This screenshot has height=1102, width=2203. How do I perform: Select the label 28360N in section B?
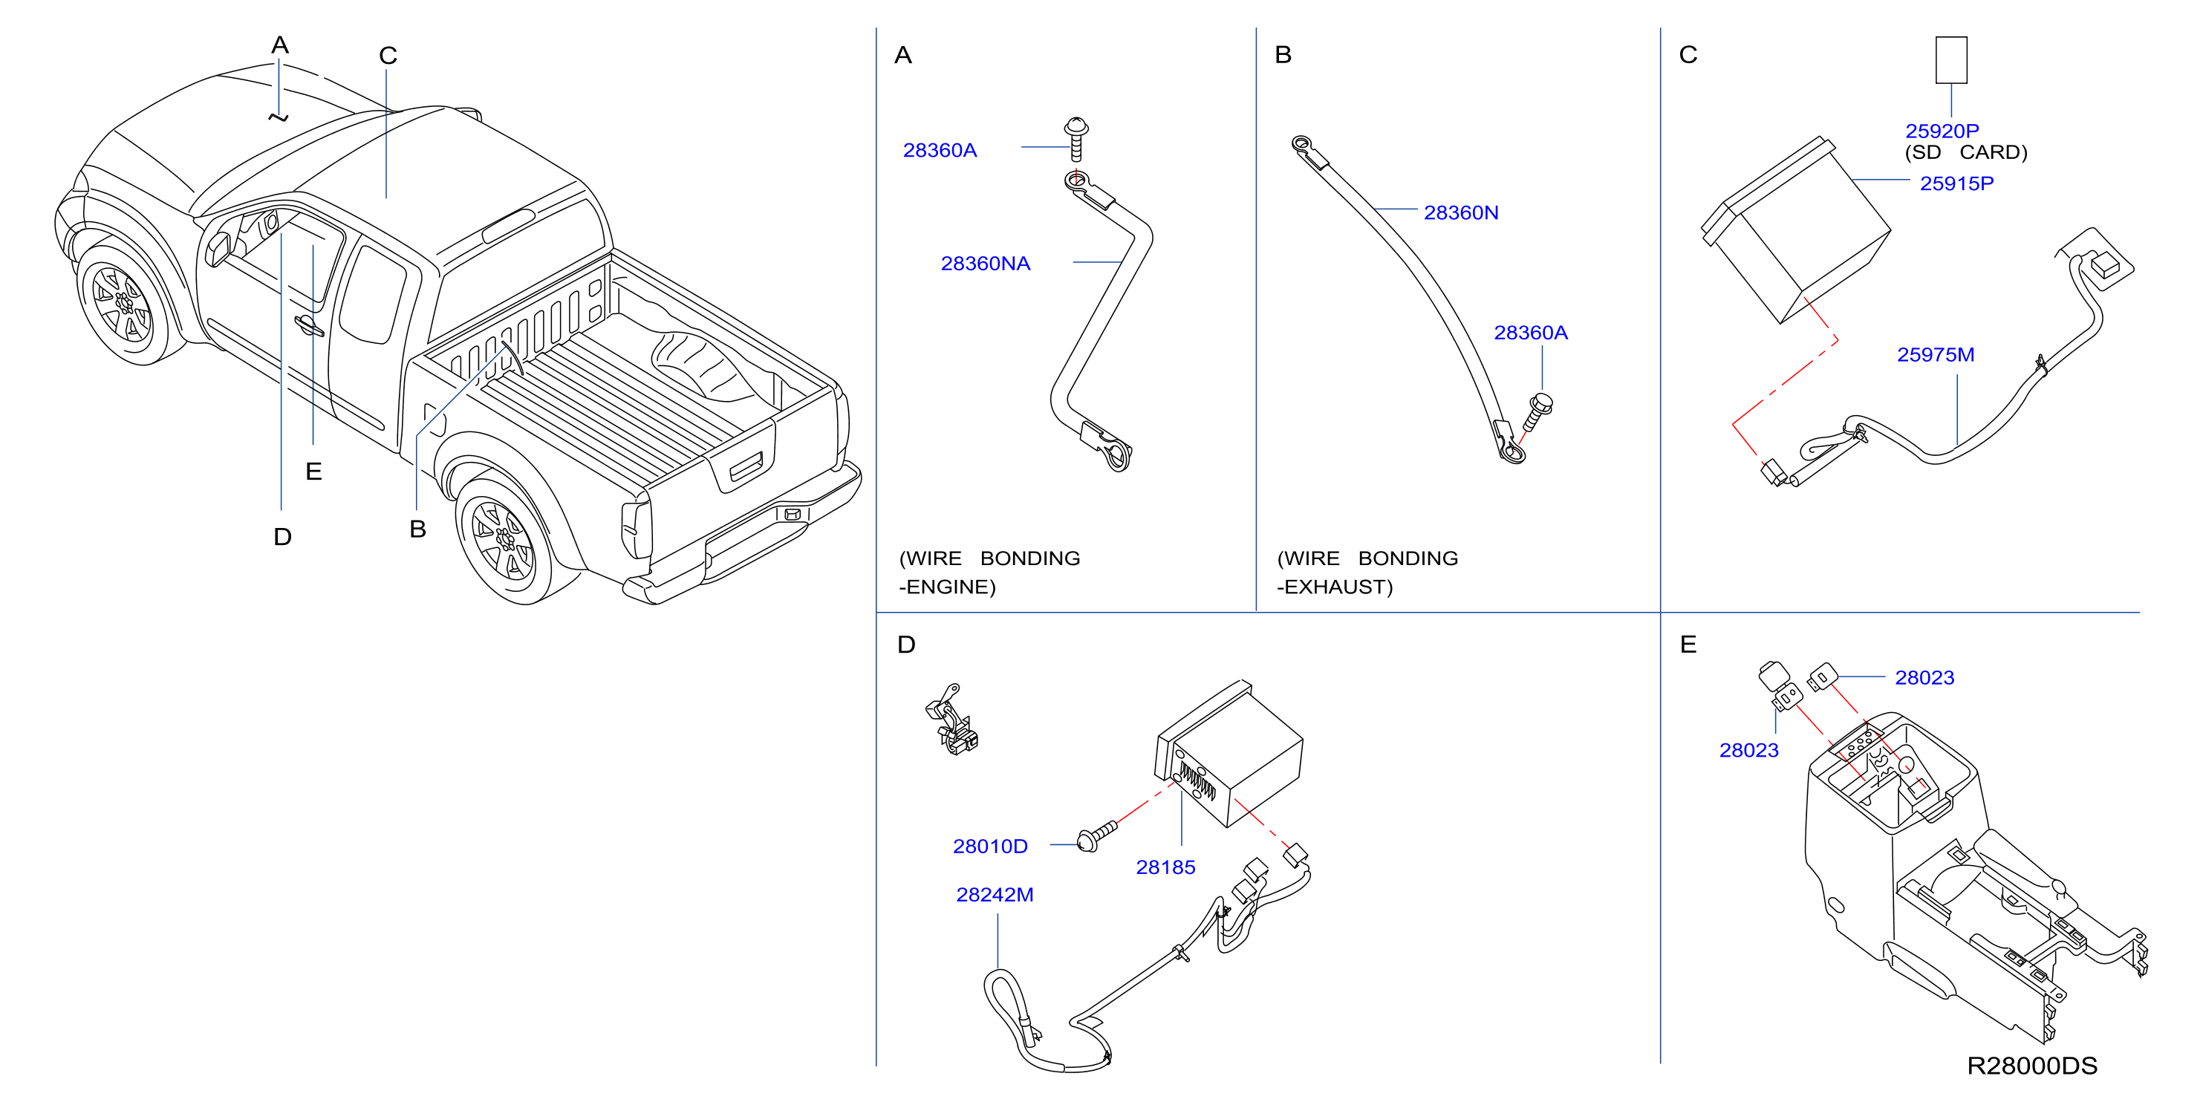tap(1461, 213)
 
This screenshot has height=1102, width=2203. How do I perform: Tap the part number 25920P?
tap(1942, 131)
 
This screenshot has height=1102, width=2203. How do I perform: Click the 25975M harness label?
tap(1936, 355)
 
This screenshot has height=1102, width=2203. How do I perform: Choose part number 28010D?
tap(990, 847)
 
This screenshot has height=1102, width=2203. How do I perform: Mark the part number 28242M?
tap(995, 894)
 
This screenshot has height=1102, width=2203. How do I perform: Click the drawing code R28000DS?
tap(2032, 1066)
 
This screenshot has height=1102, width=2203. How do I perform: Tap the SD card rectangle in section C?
tap(1951, 60)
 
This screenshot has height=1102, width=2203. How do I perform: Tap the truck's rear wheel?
tap(504, 541)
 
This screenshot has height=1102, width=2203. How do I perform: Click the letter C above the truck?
tap(388, 56)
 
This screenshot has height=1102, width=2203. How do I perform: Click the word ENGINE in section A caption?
tap(951, 587)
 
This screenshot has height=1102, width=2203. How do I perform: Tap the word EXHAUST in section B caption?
tap(1339, 587)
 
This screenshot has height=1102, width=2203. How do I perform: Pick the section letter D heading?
tap(906, 645)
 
